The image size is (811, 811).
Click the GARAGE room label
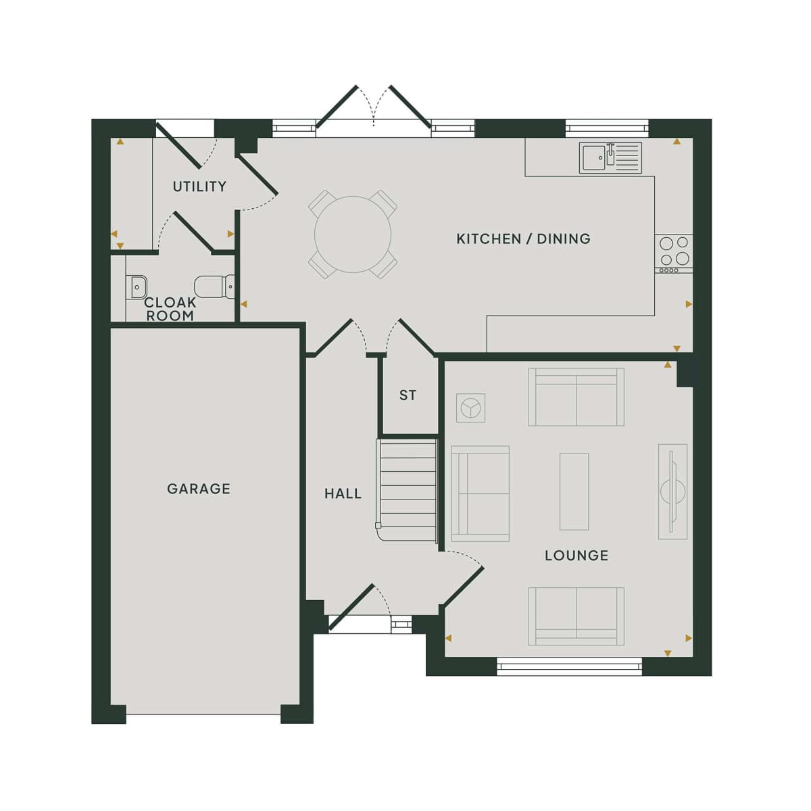[x=199, y=489]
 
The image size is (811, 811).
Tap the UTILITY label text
[x=199, y=187]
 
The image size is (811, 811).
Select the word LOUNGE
[x=576, y=556]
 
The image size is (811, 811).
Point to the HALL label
[x=343, y=493]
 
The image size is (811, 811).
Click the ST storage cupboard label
[x=408, y=395]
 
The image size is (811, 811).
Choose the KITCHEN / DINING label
[x=524, y=239]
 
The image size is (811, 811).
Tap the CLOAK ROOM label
[x=170, y=309]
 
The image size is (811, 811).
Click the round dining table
[x=353, y=235]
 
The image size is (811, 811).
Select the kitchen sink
[x=610, y=158]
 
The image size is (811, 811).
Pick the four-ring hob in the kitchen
[x=673, y=254]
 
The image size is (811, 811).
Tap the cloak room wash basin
[x=137, y=287]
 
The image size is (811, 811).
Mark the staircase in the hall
[x=407, y=490]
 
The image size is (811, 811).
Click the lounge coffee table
[x=574, y=491]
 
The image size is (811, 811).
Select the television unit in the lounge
[x=672, y=491]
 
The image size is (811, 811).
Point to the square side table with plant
[x=470, y=408]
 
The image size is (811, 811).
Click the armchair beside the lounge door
[x=481, y=493]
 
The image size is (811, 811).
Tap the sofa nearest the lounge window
[x=576, y=616]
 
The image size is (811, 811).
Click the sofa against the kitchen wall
[x=576, y=397]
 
